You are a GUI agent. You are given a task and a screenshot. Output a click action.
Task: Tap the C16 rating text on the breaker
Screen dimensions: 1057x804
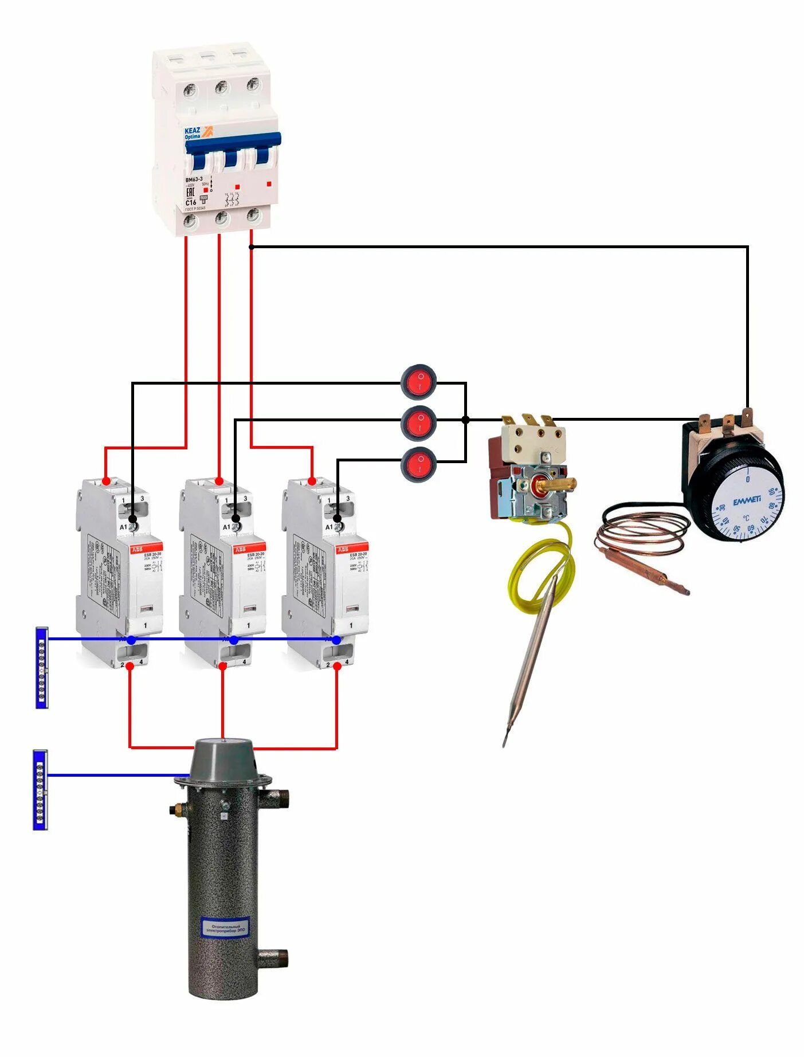click(x=190, y=202)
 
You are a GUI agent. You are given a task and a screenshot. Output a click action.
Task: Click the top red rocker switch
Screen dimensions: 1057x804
click(x=419, y=381)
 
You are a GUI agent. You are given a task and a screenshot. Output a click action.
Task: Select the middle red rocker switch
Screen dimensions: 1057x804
click(x=419, y=422)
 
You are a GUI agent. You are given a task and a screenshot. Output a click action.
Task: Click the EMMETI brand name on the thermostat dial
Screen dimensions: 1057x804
click(x=747, y=500)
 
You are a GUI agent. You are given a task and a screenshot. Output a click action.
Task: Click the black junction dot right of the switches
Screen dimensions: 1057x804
click(x=465, y=420)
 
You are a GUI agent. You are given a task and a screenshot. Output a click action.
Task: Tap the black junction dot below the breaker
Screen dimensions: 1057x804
click(x=251, y=247)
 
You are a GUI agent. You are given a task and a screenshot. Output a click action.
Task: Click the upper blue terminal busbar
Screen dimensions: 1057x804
click(x=42, y=668)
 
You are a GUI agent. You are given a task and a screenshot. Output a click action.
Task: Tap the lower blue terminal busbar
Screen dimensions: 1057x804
click(x=40, y=789)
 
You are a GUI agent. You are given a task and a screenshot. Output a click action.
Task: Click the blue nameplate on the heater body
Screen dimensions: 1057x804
click(x=225, y=927)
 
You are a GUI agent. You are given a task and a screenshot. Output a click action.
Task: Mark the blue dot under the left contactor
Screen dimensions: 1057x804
click(x=131, y=640)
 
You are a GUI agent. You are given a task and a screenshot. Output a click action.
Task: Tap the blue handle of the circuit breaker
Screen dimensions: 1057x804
click(x=232, y=147)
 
